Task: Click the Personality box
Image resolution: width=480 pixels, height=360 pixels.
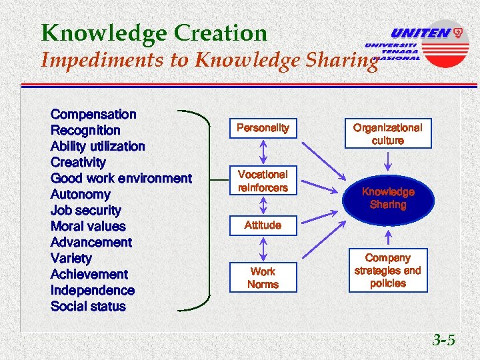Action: point(263,127)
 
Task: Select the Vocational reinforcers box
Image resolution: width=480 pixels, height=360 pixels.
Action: point(263,181)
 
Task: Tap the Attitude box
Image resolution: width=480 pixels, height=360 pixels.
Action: point(263,225)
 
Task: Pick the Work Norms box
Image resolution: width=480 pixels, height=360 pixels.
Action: point(263,278)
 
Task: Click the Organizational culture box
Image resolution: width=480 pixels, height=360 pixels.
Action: point(387,133)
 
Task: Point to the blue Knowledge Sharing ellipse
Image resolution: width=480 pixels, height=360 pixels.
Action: point(387,198)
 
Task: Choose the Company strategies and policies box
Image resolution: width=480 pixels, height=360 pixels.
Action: point(387,270)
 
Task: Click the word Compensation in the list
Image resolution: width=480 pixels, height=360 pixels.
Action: point(93,115)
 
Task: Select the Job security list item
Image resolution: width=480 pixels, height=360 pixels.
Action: point(86,210)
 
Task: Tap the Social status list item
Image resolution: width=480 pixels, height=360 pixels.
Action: point(88,306)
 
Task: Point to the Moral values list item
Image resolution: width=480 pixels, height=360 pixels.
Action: point(88,226)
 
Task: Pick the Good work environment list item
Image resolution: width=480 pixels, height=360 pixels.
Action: point(121,178)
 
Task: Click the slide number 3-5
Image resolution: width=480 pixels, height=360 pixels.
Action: point(443,340)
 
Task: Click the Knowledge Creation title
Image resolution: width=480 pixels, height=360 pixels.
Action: point(153,32)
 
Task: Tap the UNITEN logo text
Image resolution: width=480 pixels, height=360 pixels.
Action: point(420,33)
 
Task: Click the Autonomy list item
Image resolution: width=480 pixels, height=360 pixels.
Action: point(81,194)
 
